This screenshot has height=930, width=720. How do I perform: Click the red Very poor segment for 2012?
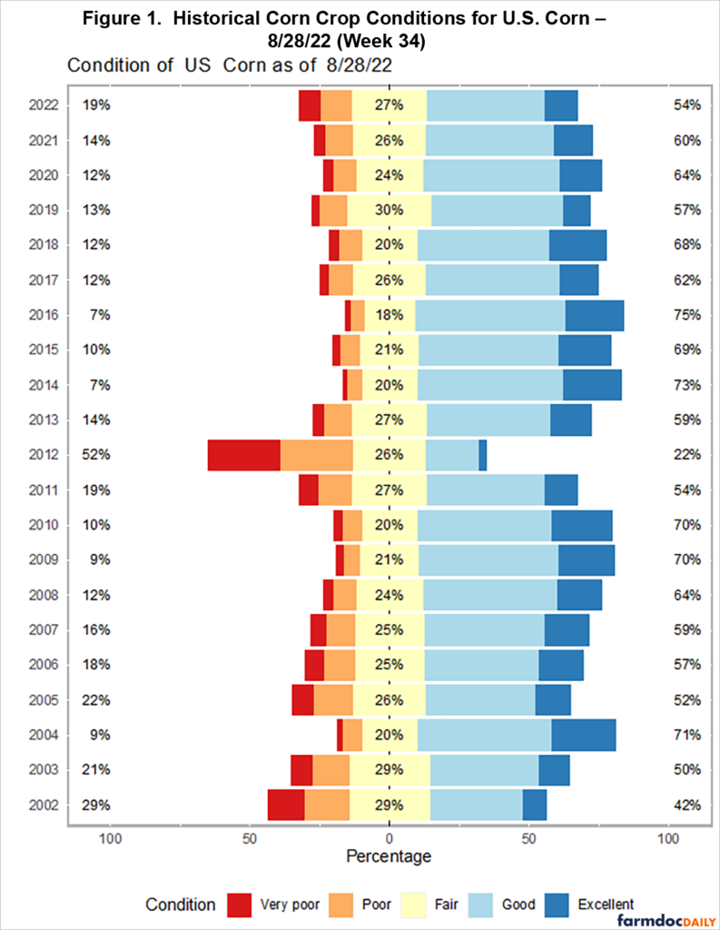[x=243, y=455]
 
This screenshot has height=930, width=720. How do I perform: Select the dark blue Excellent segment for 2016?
[x=594, y=315]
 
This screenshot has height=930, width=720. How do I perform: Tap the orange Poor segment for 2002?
[x=327, y=805]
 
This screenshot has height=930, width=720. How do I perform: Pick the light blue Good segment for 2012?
[x=452, y=455]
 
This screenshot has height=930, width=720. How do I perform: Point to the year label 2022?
[x=43, y=105]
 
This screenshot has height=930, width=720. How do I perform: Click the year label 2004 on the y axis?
[x=43, y=735]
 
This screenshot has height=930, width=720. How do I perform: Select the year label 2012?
[x=43, y=455]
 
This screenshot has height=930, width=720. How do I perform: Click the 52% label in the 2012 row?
[x=96, y=455]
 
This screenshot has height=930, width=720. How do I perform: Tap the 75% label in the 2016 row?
[x=686, y=315]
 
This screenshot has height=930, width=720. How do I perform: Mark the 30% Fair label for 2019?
[x=389, y=210]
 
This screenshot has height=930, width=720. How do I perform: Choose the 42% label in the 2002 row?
[x=686, y=805]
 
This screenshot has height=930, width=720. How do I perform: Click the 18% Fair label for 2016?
[x=389, y=315]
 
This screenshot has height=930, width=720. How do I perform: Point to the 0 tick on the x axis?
[x=390, y=837]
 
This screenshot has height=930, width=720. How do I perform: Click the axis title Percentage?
[x=389, y=856]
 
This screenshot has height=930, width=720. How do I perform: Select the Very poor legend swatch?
[x=239, y=904]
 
